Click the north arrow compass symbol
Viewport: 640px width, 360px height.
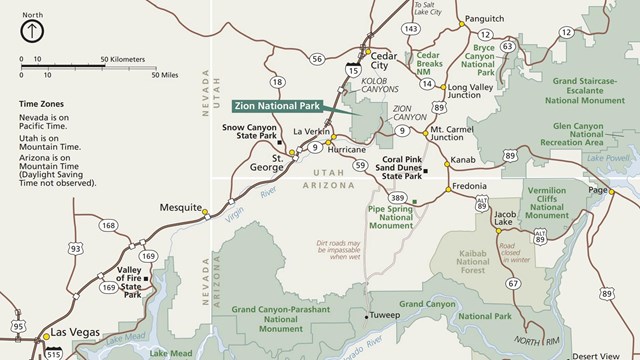click(32, 31)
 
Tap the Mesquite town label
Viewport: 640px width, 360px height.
click(181, 208)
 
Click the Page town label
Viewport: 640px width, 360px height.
click(599, 190)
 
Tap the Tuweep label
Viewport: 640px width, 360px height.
click(387, 315)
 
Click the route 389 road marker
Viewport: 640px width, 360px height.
click(398, 198)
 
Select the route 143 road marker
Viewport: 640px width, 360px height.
click(411, 29)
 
